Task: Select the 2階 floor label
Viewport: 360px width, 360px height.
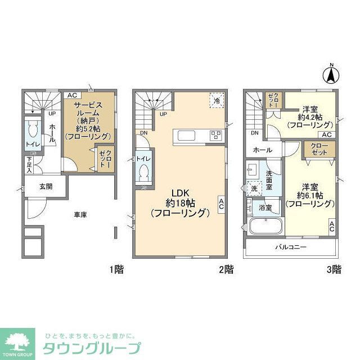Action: click(x=226, y=269)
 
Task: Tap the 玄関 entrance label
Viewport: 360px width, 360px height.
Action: click(x=46, y=186)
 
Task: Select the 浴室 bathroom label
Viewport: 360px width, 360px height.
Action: click(x=265, y=208)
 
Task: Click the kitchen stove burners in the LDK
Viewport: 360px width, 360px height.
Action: click(x=216, y=134)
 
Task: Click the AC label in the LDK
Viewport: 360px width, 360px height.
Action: click(x=222, y=203)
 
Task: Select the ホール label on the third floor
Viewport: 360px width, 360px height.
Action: click(x=262, y=150)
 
